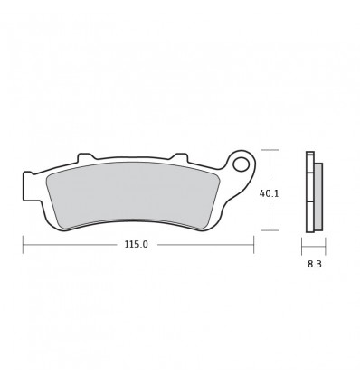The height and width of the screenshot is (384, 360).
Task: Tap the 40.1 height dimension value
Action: [x=269, y=192]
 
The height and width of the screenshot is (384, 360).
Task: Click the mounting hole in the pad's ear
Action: [x=241, y=165]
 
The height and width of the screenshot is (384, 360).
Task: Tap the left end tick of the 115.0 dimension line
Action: [x=23, y=244]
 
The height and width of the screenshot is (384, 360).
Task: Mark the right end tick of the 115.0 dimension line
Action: [x=254, y=244]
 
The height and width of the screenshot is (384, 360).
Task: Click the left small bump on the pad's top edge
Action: [x=86, y=156]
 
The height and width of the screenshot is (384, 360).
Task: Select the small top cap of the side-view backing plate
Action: [x=308, y=155]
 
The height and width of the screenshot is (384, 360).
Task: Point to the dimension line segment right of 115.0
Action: [x=204, y=244]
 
